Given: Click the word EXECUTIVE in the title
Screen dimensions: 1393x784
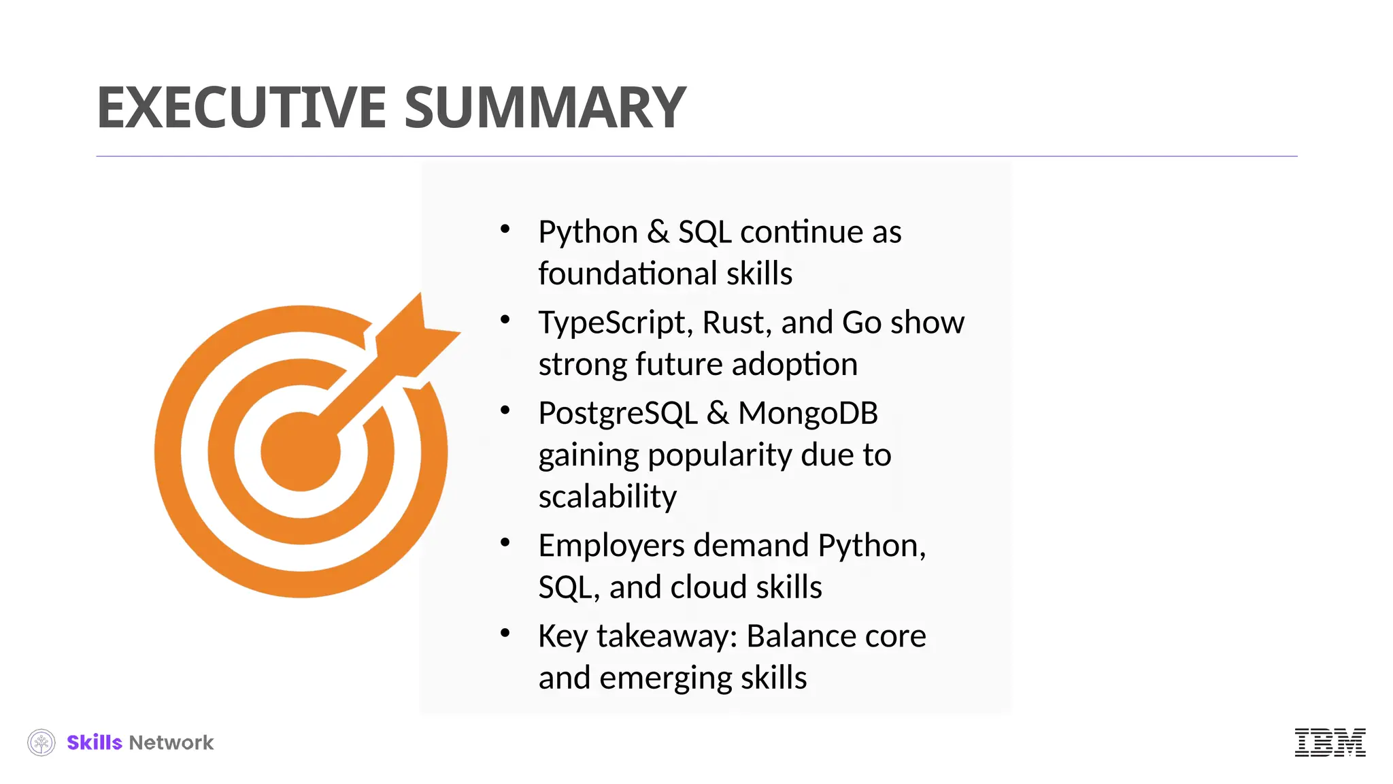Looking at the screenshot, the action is (x=241, y=108).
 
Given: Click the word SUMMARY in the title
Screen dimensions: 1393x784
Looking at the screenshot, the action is (x=545, y=108).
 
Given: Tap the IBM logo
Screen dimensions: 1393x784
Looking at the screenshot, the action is (x=1330, y=742).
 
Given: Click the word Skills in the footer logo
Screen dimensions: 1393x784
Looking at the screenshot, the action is (x=95, y=742).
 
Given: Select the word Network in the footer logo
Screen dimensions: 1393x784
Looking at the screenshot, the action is (x=171, y=742).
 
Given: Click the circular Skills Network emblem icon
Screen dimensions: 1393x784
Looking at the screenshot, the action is (x=41, y=742).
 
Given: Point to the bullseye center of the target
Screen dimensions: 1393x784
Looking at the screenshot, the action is (x=300, y=452).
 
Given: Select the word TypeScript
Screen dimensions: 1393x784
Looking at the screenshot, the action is (x=615, y=323).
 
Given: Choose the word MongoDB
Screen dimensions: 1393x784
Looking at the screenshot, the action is (x=808, y=413).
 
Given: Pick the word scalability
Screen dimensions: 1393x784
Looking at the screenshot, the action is (x=607, y=497).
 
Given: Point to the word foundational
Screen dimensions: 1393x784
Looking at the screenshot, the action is (x=626, y=274).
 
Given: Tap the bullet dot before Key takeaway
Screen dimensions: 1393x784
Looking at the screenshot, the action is (x=505, y=634).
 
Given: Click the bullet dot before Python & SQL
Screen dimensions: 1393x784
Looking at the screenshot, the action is (x=505, y=229).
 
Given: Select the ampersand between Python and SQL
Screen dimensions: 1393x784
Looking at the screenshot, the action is (x=658, y=232).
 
